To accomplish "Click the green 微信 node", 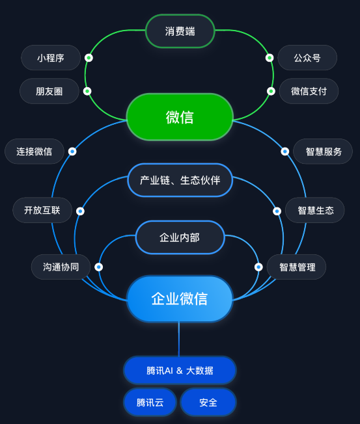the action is point(180,117).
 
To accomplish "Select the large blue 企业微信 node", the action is point(180,298).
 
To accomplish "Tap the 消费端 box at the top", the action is point(180,31).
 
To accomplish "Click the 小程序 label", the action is point(51,58).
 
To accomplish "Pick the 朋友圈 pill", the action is point(49,91).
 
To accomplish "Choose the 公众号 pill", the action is point(307,58).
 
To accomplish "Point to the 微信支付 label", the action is point(309,91).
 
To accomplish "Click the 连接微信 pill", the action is point(35,151).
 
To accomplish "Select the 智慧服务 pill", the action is point(323,151).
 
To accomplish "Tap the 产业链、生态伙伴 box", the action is point(180,180).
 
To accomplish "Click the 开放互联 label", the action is point(42,210).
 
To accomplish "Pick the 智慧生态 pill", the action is point(315,210).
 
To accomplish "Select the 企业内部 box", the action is point(180,237).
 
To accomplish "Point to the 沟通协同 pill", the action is point(61,267).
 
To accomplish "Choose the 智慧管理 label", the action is point(296,267).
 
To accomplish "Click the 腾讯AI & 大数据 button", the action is point(180,370).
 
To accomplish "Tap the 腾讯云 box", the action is point(150,403).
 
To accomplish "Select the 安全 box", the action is point(208,403).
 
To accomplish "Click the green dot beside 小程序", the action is point(89,58).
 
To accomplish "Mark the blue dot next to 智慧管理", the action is point(258,267).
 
